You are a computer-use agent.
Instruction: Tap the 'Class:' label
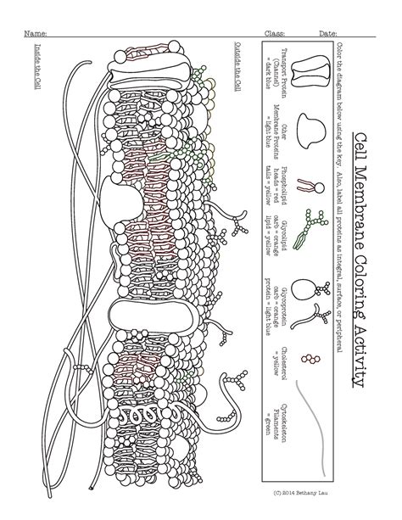pyautogui.click(x=275, y=33)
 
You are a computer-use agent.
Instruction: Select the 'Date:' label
pyautogui.click(x=328, y=33)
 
